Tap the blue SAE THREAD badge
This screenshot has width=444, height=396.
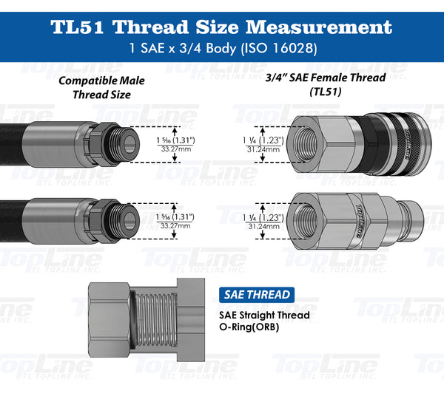(x=258, y=295)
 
